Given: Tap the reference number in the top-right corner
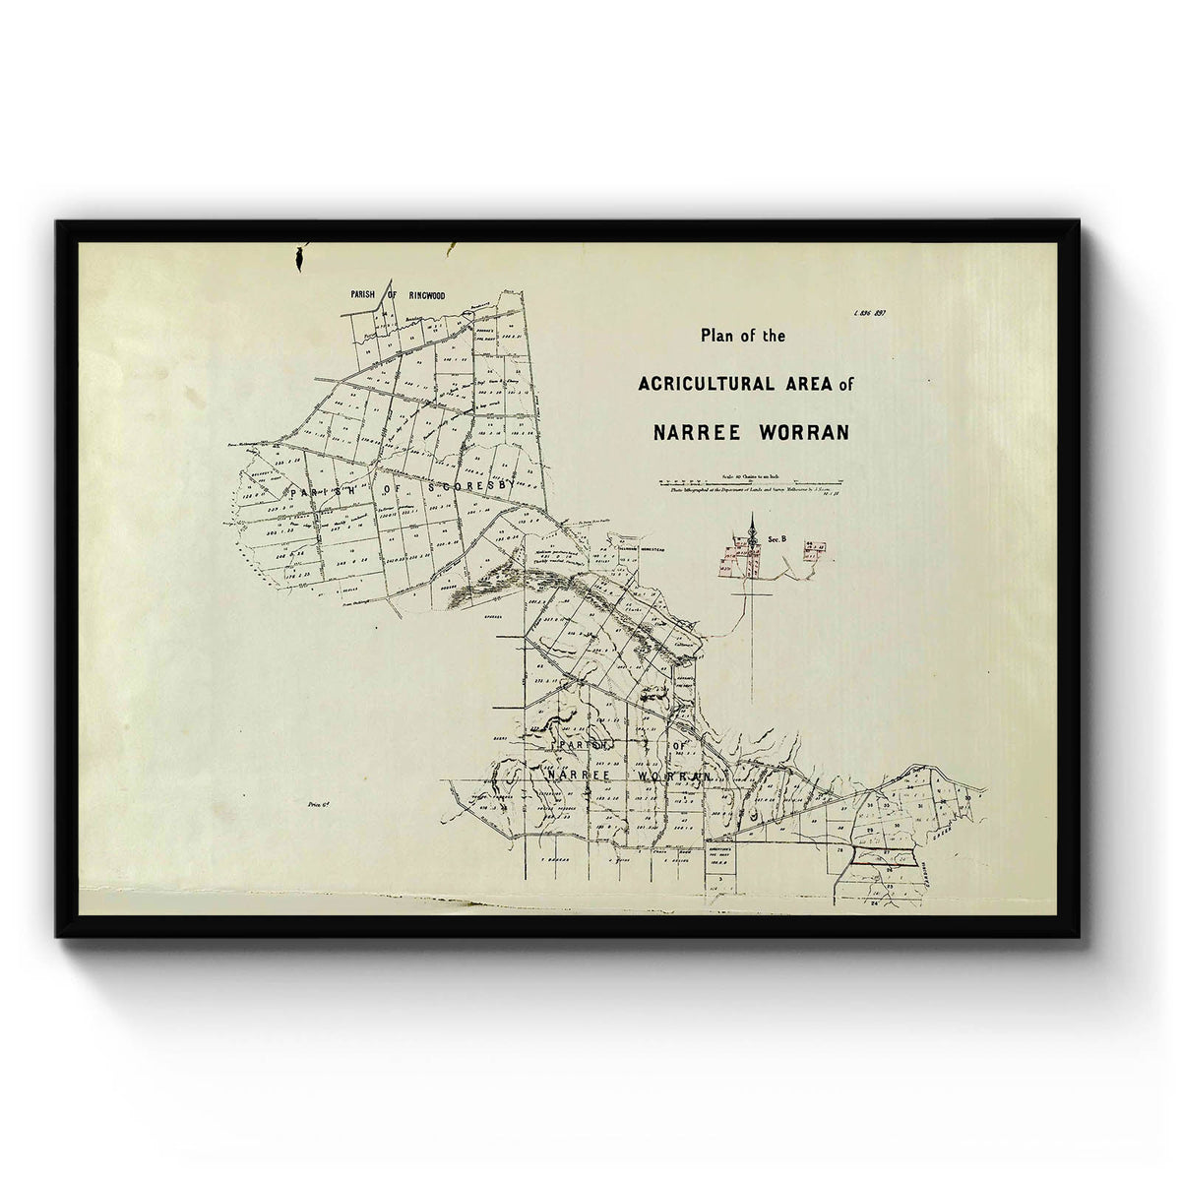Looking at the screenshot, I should (869, 313).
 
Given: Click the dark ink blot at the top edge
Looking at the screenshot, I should (296, 259).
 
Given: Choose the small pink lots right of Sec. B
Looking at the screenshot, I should (813, 552).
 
